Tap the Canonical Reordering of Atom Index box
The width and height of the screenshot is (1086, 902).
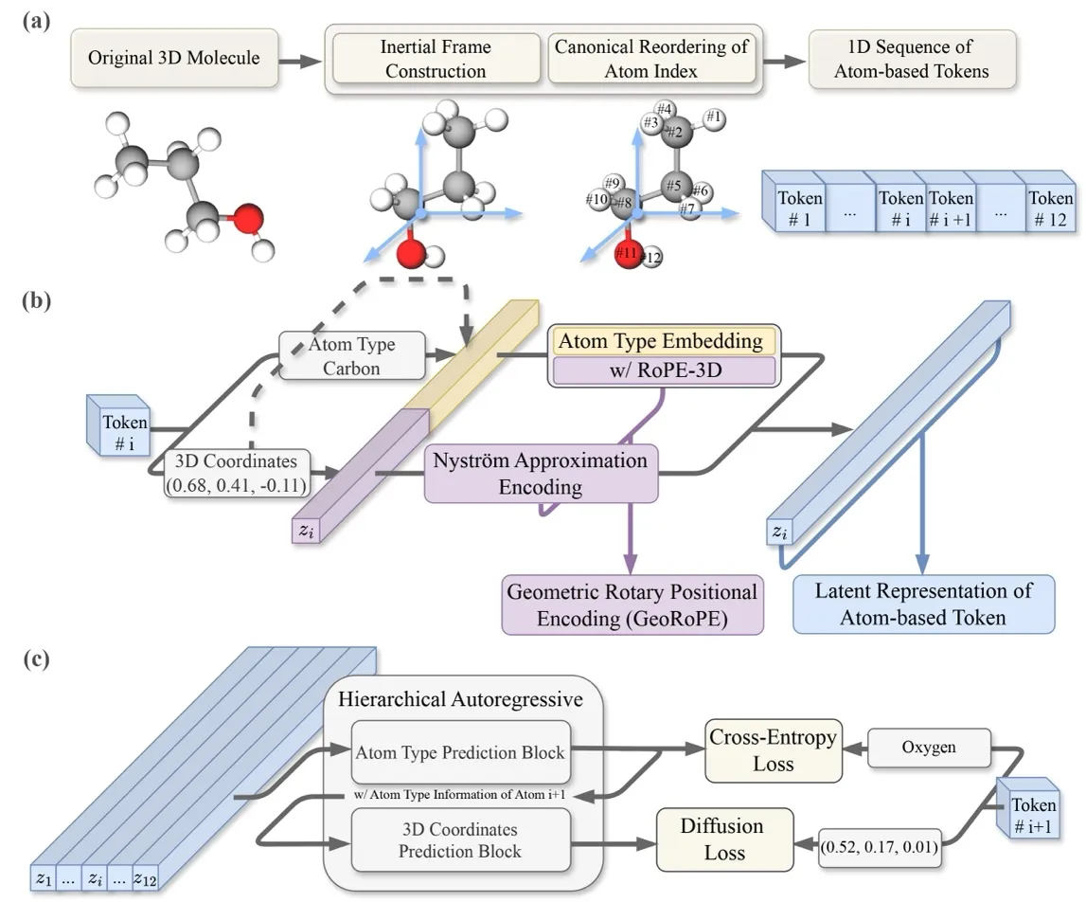click(x=652, y=59)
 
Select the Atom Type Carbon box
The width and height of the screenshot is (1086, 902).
click(x=339, y=356)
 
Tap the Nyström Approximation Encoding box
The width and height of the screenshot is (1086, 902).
click(x=540, y=474)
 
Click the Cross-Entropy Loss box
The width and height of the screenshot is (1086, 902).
click(x=773, y=749)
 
